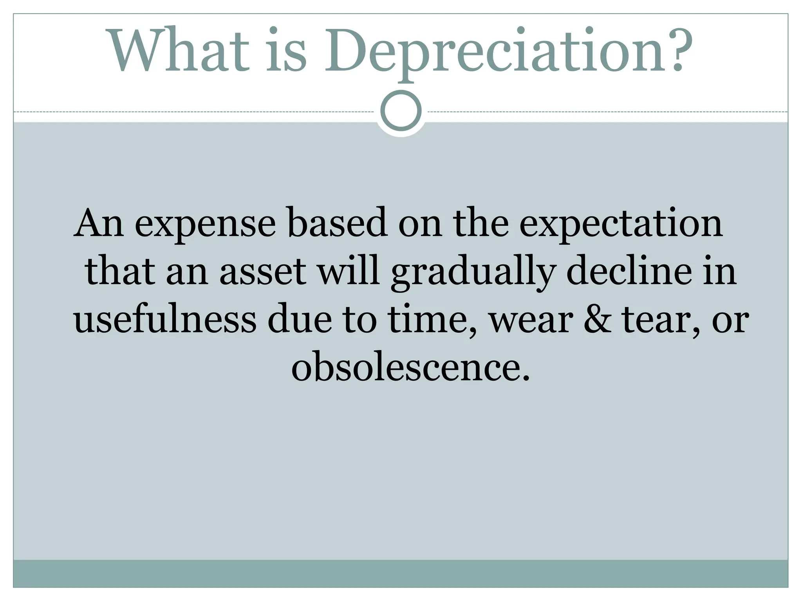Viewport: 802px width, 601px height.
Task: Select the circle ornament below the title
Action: click(401, 111)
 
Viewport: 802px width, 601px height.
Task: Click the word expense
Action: click(205, 224)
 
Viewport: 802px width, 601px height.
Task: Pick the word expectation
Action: click(621, 224)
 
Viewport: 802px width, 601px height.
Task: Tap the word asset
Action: click(262, 272)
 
